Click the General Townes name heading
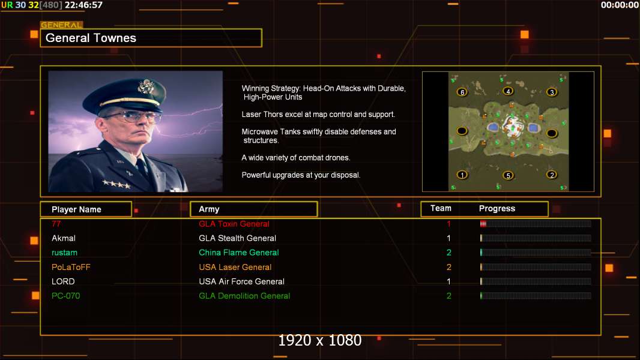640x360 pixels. point(91,38)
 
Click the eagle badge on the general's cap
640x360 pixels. point(145,86)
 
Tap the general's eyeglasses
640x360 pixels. point(133,117)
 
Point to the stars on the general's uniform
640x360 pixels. point(116,184)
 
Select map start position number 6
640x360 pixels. point(462,92)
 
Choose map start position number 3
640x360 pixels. point(552,92)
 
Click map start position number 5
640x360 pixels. point(508,175)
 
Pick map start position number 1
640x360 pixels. point(462,175)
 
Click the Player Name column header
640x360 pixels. point(76,209)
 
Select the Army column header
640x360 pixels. point(209,209)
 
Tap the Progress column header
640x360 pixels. point(497,208)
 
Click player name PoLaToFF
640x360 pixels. point(71,267)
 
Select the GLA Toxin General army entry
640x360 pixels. point(234,224)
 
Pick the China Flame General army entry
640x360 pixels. point(239,253)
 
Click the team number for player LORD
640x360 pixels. point(448,281)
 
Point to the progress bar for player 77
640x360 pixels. point(536,223)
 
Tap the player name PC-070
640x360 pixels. point(65,296)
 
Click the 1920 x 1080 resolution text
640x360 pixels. point(320,340)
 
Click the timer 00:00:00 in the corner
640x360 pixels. point(620,5)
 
